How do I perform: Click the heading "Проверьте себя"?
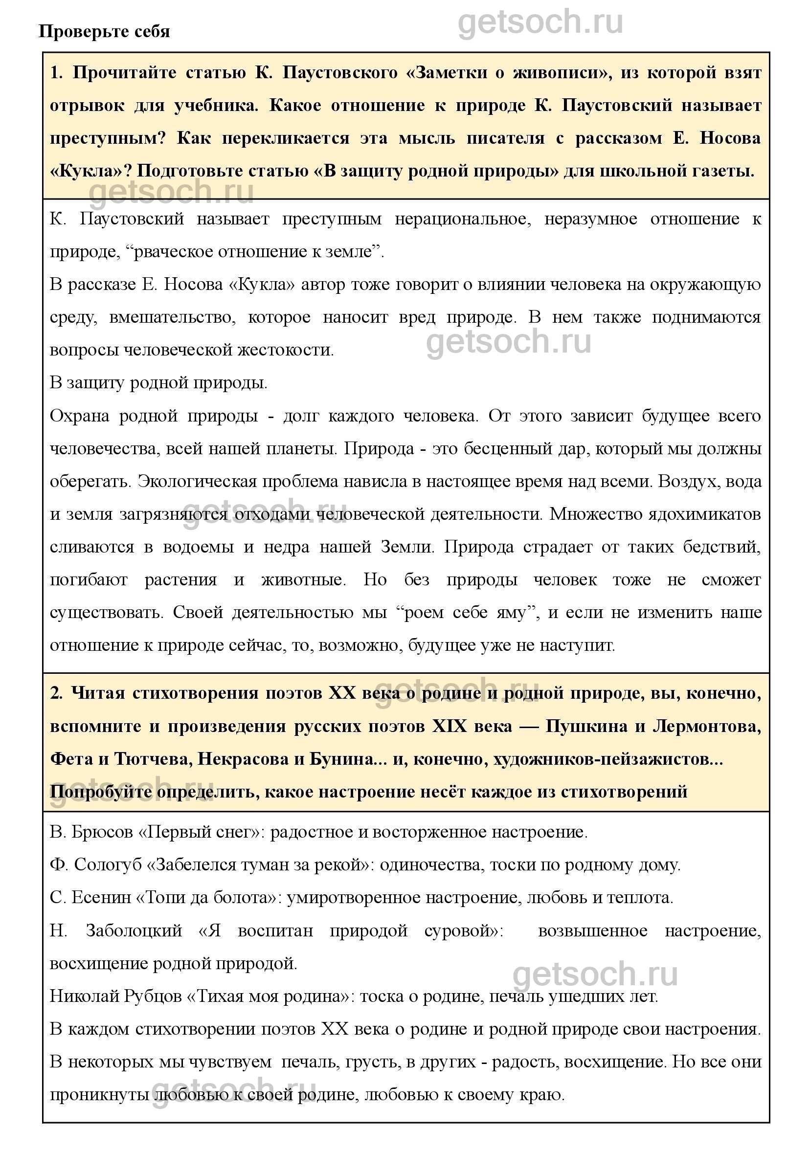click(x=104, y=32)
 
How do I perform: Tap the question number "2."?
click(x=56, y=693)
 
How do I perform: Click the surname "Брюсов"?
click(x=103, y=832)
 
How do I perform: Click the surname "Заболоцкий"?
click(x=134, y=931)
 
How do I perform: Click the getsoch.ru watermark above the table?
click(x=540, y=22)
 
